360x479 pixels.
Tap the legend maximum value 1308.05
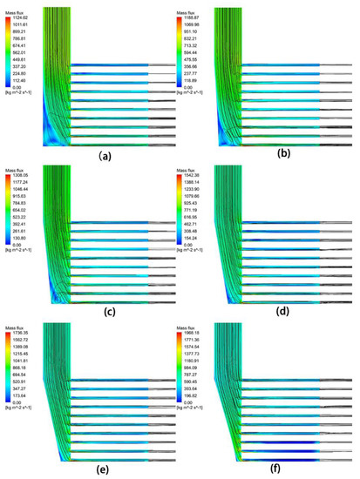click(x=19, y=174)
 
